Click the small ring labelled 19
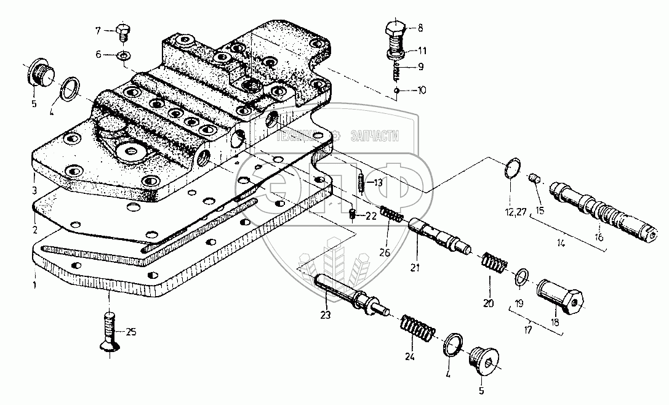point(521,278)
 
